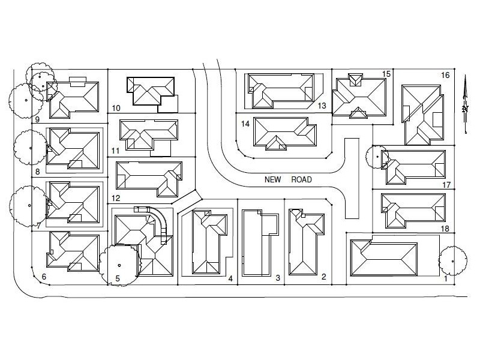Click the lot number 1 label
coord(446,278)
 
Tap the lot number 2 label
coord(324,277)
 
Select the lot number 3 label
coord(277,278)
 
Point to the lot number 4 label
coord(230,278)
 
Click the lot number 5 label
coord(118,278)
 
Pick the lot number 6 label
coord(44,277)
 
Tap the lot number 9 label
coord(37,119)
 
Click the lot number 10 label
coord(116,108)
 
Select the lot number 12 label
coord(116,198)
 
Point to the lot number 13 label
coord(322,106)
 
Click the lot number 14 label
coord(245,124)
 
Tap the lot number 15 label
coord(386,74)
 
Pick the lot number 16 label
coord(445,75)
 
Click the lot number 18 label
coord(445,229)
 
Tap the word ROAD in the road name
coord(301,179)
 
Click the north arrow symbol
coord(465,102)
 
